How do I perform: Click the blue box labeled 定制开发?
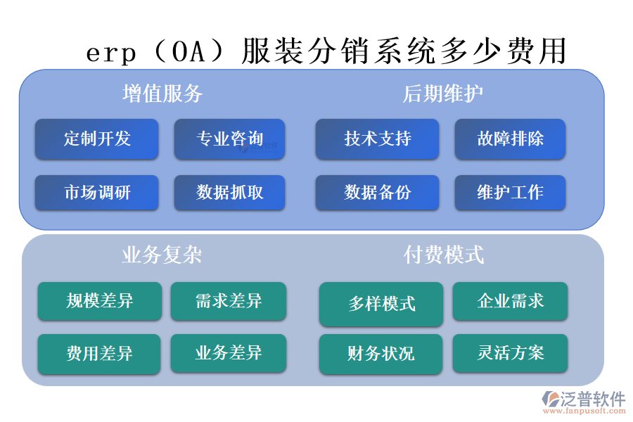pos(97,139)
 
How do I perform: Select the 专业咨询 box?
pos(229,139)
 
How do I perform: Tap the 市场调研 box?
pos(97,193)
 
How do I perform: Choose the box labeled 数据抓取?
pos(229,193)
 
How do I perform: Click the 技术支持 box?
pos(377,139)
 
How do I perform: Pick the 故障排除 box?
pos(510,139)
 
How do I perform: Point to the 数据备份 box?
pos(377,193)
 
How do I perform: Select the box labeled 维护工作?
pos(510,193)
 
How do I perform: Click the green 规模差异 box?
pos(99,301)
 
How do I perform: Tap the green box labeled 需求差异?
pos(229,301)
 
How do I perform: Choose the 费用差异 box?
pos(99,353)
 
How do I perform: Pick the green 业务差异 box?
pos(229,353)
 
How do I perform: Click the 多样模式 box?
pos(381,304)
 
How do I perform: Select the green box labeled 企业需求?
pos(510,301)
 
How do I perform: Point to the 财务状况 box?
pos(381,353)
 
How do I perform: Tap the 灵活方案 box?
pos(510,353)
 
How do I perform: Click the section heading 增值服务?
pos(162,94)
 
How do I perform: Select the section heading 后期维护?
pos(443,94)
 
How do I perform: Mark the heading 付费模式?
pos(443,254)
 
